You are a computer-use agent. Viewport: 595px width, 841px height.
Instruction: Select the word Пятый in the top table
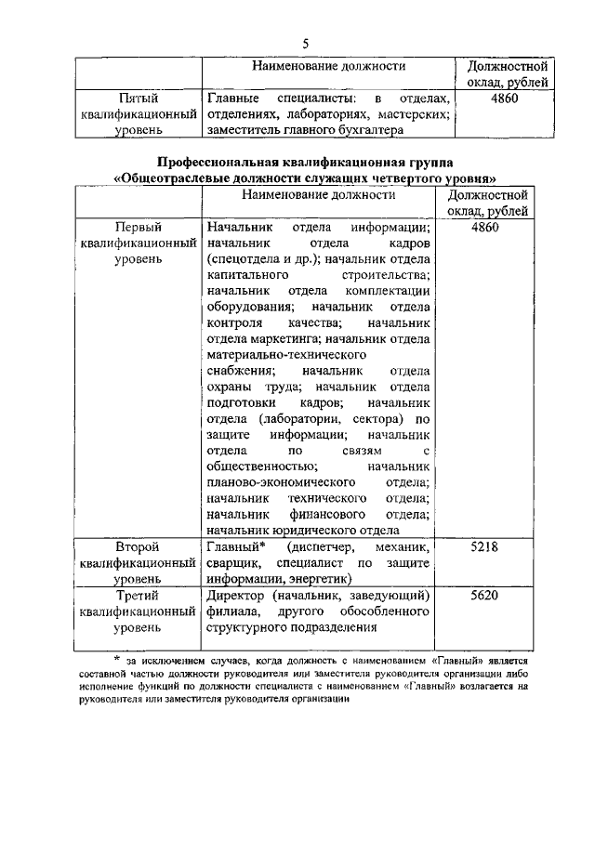point(138,98)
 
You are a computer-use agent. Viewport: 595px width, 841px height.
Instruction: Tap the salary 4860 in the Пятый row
point(502,98)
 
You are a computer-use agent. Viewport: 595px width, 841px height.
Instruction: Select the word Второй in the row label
point(138,547)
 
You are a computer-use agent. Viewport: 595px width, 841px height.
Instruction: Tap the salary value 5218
point(485,547)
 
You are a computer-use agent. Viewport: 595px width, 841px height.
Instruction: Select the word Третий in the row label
point(138,595)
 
